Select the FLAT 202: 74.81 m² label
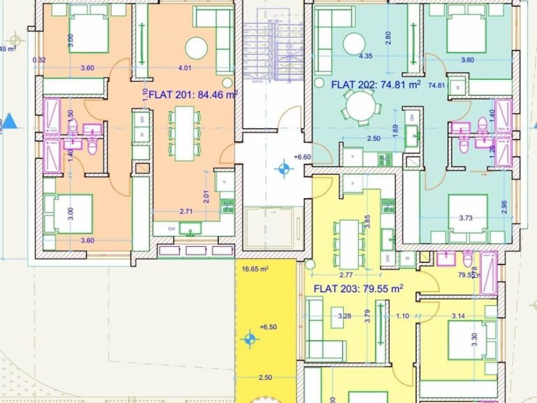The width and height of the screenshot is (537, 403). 375,85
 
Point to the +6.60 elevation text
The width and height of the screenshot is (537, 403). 303,157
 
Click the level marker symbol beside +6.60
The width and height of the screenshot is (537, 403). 284,168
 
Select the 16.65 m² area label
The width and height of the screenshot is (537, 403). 255,268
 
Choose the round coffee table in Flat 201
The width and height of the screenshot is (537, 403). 196,48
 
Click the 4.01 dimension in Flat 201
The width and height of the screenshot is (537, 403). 185,68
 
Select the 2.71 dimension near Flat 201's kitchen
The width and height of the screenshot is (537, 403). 186,211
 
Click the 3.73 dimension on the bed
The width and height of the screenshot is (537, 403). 466,218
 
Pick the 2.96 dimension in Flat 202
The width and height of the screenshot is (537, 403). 505,205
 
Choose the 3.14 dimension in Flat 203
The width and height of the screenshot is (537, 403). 458,316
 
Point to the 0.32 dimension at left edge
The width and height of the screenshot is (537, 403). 39,60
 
